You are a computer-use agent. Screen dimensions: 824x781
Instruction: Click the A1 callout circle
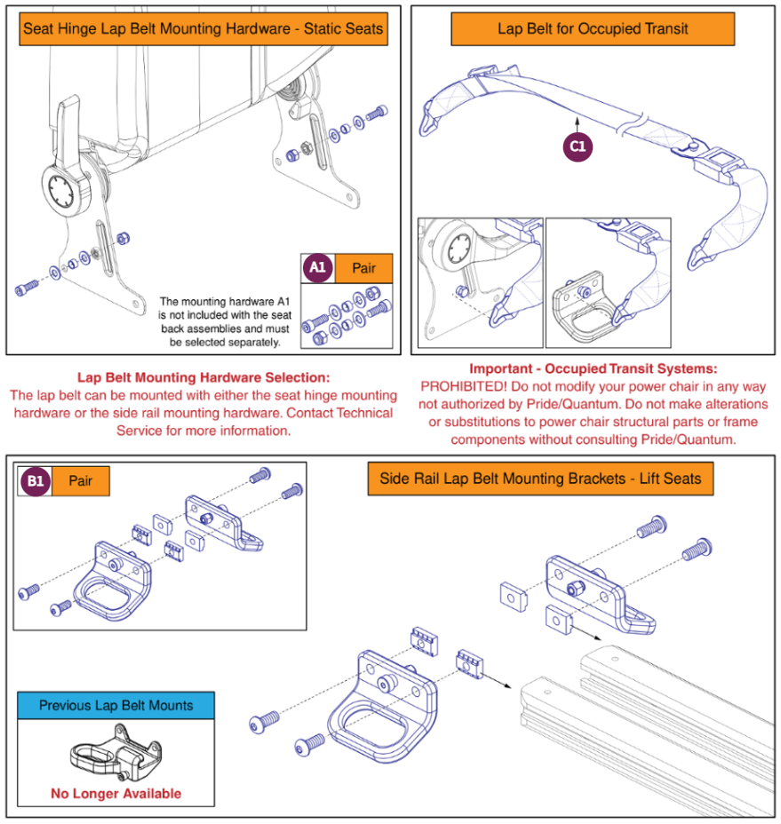coord(316,267)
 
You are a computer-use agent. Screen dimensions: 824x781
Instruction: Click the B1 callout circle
coord(35,481)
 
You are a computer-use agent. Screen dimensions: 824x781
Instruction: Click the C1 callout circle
coord(578,147)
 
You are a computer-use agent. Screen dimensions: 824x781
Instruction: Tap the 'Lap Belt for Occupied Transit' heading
coord(593,28)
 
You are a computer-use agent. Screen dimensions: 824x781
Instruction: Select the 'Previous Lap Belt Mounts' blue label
coord(116,706)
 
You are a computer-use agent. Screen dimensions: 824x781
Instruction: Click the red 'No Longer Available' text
coord(116,793)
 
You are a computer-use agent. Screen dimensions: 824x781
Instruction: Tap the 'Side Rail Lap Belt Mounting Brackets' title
coord(540,479)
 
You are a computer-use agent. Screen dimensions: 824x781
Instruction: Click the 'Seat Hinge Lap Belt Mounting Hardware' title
coord(203,28)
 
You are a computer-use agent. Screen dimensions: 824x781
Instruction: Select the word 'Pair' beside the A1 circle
coord(363,267)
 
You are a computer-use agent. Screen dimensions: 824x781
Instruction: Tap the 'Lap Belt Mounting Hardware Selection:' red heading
coord(203,377)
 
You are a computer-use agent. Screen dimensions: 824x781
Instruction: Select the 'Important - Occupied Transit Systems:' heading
coord(593,368)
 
